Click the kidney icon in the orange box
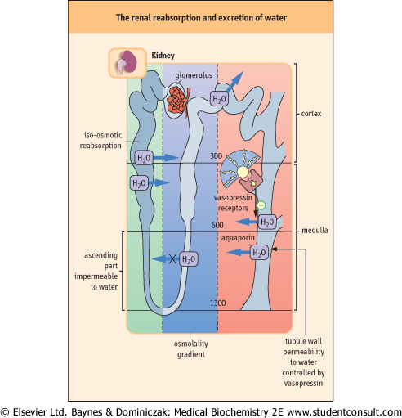[x=127, y=62]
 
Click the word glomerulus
[x=194, y=75]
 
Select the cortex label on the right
[x=311, y=114]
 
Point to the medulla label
[x=315, y=231]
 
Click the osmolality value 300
[x=217, y=156]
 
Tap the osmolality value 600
[x=217, y=225]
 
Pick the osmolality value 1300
[x=217, y=303]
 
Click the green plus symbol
[x=261, y=205]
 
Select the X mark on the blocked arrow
[x=172, y=259]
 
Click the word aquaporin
[x=238, y=238]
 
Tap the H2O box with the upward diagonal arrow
[x=219, y=99]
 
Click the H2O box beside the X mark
[x=189, y=259]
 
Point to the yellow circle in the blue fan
[x=243, y=173]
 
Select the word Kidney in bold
[x=163, y=56]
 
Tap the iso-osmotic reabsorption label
[x=100, y=140]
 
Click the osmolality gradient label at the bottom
[x=191, y=349]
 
